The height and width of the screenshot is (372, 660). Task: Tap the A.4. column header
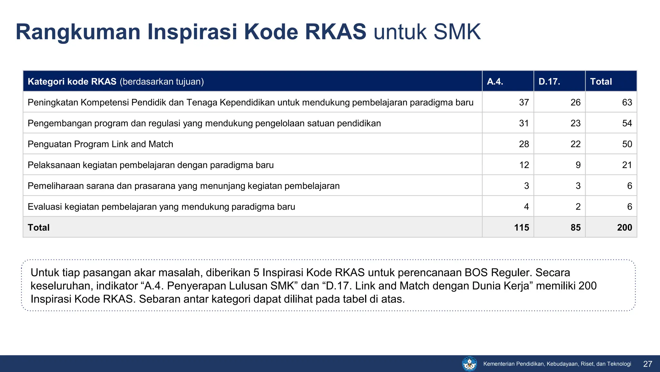(x=495, y=81)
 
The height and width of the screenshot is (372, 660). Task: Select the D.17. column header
(x=549, y=81)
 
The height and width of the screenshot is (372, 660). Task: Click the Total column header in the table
(x=601, y=81)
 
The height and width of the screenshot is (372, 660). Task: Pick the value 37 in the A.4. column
(x=524, y=102)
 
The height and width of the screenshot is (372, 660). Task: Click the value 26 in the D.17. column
(x=575, y=102)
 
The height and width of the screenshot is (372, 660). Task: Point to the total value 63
(x=627, y=102)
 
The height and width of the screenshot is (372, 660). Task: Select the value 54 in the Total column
(x=627, y=123)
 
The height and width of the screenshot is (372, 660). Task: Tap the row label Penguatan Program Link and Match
(x=100, y=144)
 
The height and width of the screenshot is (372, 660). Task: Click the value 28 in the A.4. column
(x=524, y=144)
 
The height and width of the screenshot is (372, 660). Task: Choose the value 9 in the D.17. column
(x=578, y=165)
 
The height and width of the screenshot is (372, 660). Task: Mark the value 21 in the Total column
(x=627, y=165)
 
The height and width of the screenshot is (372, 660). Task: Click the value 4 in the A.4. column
(x=526, y=207)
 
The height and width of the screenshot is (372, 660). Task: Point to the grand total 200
(x=624, y=227)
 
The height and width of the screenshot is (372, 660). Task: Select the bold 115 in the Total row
(x=521, y=227)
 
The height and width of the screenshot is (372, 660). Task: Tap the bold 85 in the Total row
(x=575, y=227)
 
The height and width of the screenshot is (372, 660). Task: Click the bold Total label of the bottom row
(x=39, y=227)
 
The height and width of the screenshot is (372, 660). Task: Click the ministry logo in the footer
(x=469, y=364)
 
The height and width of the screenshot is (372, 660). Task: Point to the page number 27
(x=647, y=364)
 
